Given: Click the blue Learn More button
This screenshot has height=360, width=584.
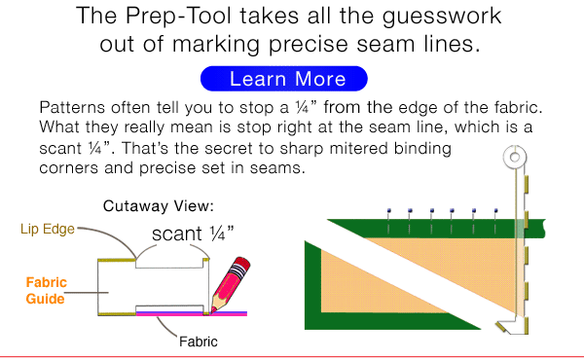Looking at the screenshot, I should pyautogui.click(x=283, y=78).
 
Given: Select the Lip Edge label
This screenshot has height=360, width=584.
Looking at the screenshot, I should pyautogui.click(x=42, y=230).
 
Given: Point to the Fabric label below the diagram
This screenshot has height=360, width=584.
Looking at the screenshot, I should pyautogui.click(x=199, y=342).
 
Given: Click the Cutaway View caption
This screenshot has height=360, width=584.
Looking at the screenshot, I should pyautogui.click(x=157, y=206).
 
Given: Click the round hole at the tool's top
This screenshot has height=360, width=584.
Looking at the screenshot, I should pyautogui.click(x=513, y=157).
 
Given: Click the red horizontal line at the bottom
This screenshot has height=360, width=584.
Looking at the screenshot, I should pyautogui.click(x=292, y=356).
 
